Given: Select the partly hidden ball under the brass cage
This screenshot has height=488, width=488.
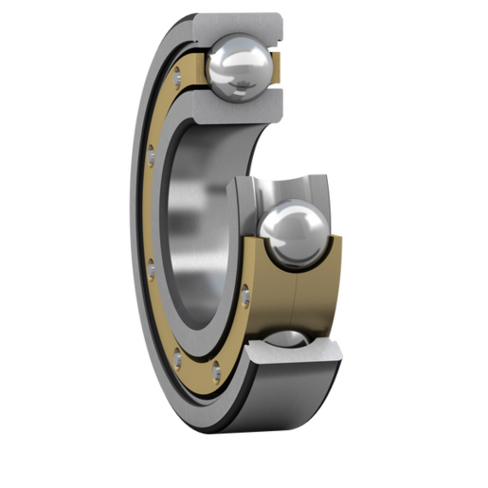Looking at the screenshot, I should point(283,338).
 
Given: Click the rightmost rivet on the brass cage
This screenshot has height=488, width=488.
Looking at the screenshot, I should point(247,298).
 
